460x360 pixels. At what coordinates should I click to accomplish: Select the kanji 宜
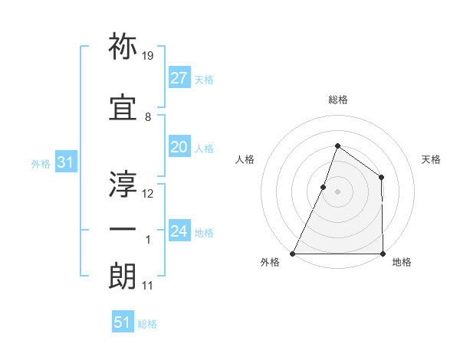point(123,107)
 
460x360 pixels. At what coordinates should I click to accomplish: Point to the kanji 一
point(123,231)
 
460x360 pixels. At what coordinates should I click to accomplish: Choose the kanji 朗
point(123,277)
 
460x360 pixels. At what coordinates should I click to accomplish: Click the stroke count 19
point(148,56)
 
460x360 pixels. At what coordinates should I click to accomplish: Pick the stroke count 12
point(148,193)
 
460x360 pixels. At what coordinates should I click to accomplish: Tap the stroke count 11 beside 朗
point(148,286)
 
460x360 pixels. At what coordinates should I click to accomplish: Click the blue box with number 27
point(179,77)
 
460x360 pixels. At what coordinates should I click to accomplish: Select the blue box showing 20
point(179,147)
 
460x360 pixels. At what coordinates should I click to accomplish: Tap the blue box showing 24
point(179,231)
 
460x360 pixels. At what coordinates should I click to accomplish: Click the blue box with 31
point(65,162)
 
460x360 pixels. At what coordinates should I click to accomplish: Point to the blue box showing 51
point(123,322)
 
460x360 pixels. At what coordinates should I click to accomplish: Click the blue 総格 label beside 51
point(147,324)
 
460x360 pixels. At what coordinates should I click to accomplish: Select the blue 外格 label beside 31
point(41,164)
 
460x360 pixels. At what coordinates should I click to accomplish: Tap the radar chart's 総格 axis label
point(337,100)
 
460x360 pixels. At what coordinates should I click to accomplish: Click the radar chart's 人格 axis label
point(245,159)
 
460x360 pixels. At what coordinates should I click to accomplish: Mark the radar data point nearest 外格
point(293,254)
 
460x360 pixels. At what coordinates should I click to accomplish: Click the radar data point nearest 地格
point(383,254)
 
